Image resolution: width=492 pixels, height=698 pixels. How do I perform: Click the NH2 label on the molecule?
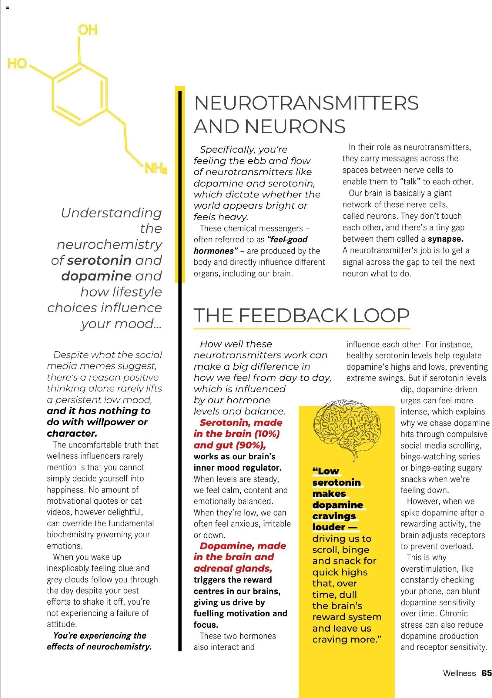tap(156, 168)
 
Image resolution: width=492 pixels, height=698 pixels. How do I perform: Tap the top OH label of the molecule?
tap(88, 30)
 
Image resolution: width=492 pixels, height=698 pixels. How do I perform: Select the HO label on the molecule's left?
tap(17, 64)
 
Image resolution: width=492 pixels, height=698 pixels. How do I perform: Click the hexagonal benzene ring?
tap(79, 94)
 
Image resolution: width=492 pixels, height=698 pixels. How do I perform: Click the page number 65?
tap(486, 673)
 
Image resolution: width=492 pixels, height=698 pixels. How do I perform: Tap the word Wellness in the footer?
tap(459, 673)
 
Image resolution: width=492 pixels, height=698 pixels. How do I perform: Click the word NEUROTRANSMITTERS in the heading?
tap(306, 103)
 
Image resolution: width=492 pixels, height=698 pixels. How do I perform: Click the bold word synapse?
tap(445, 239)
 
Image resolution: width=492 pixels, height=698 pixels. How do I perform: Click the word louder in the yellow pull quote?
tap(329, 527)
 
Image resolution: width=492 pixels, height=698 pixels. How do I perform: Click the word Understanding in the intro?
tap(111, 213)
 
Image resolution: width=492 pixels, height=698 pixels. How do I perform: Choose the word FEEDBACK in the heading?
tap(293, 315)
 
